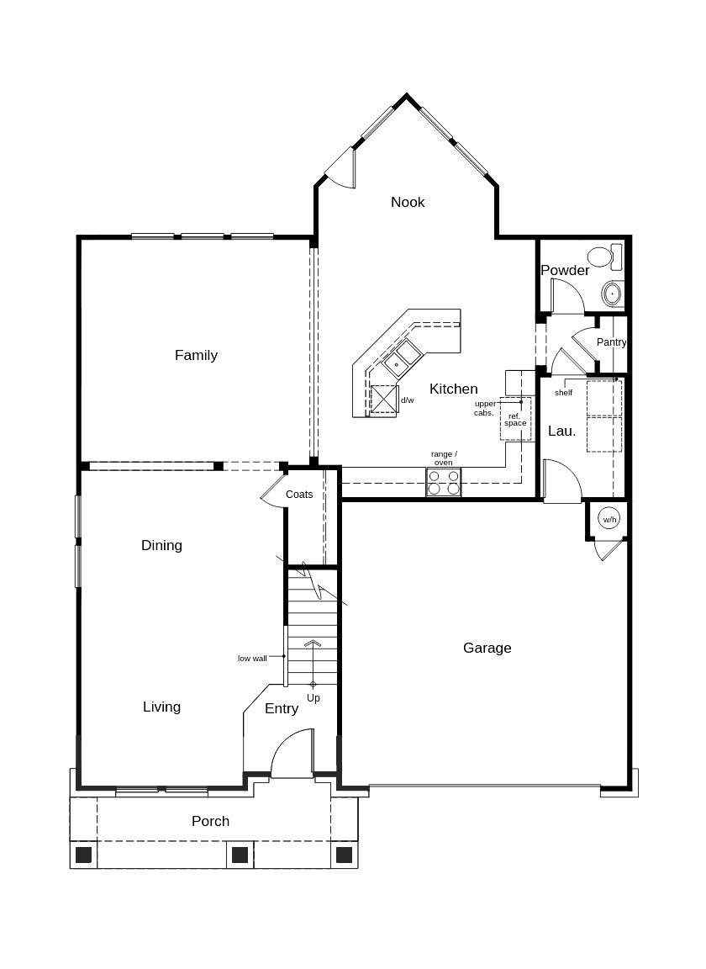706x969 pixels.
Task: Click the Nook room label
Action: (408, 202)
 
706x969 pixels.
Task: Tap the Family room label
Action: (196, 355)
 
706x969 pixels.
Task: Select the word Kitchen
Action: (453, 389)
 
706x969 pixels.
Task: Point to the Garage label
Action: (487, 648)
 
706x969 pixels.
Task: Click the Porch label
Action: (210, 821)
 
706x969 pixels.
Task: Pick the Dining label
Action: (161, 545)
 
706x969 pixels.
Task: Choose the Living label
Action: (161, 707)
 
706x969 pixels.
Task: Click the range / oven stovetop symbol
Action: (443, 482)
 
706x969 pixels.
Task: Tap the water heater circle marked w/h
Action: (609, 520)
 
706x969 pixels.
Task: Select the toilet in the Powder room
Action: (603, 256)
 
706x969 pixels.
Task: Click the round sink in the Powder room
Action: (612, 294)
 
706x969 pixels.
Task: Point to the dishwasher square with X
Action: (384, 399)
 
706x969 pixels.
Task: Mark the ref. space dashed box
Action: (515, 420)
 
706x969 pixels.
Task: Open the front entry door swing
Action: (291, 755)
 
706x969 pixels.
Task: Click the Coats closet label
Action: (299, 495)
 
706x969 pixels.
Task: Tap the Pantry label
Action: (611, 342)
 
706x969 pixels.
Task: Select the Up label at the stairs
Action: (313, 698)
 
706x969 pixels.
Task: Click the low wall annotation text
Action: (252, 658)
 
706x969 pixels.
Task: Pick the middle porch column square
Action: (240, 855)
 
